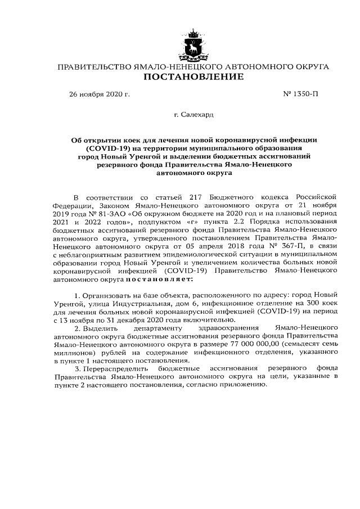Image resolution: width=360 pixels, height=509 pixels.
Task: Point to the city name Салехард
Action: click(x=197, y=115)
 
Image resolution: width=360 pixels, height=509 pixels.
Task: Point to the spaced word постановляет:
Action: click(x=163, y=277)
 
